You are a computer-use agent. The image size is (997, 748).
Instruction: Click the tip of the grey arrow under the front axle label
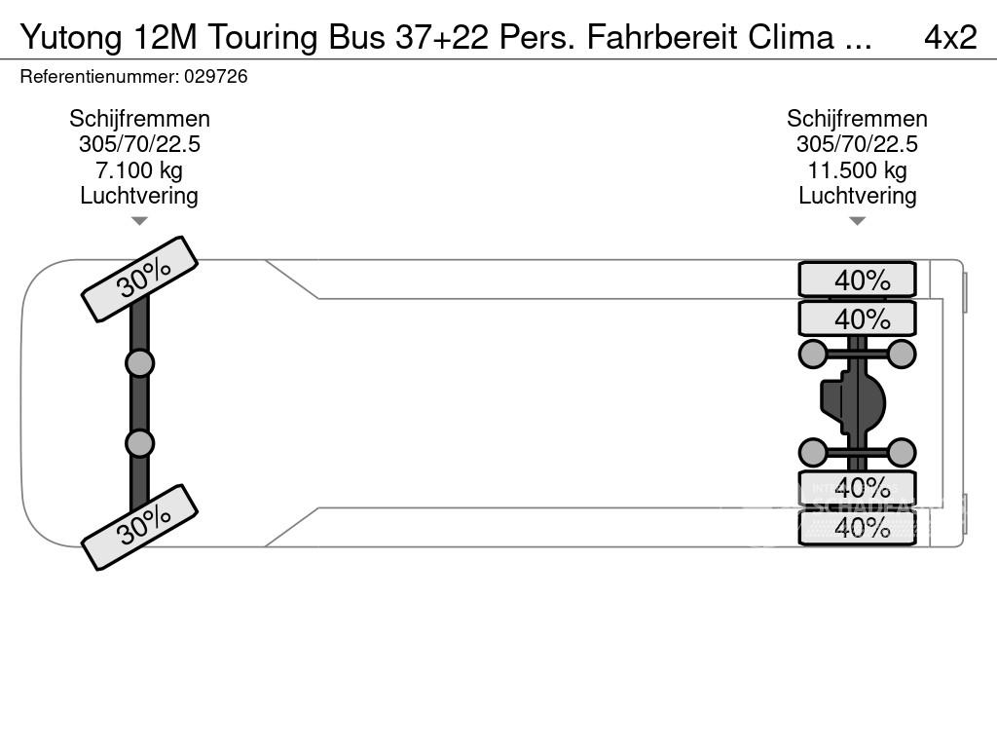coord(139,225)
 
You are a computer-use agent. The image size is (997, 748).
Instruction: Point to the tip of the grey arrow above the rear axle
coord(857,225)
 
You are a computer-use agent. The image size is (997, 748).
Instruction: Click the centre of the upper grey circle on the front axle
coord(139,363)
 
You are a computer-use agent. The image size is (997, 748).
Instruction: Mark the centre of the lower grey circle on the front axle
coord(139,443)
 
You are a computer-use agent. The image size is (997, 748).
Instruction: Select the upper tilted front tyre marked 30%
coord(140,280)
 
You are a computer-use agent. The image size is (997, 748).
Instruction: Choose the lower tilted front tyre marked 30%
coord(140,527)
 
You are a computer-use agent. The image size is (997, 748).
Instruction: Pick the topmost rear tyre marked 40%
coord(857,280)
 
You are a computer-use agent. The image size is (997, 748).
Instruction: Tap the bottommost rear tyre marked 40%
coord(857,528)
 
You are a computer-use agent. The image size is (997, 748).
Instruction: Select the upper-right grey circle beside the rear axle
coord(901,355)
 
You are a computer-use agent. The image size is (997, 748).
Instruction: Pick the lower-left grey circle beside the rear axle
coord(813,452)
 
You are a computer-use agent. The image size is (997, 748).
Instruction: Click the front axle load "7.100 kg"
coord(139,170)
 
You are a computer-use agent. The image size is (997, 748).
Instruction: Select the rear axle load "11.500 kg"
coord(857,170)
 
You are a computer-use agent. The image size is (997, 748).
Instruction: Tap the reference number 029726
coord(215,77)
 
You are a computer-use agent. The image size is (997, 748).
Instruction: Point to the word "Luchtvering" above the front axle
coord(139,196)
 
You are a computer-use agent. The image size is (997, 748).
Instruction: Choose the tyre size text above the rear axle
coord(857,144)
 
